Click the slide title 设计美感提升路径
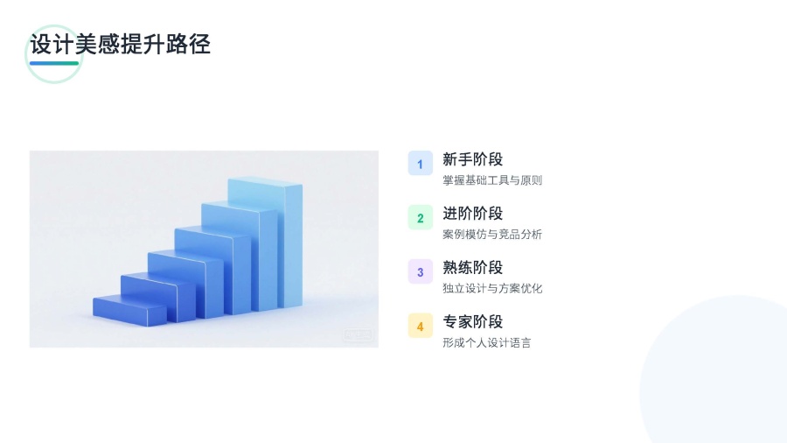[120, 44]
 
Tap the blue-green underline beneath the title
[54, 63]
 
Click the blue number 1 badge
[420, 163]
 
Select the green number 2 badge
[420, 217]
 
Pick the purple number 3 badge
[420, 271]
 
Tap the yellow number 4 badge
[420, 326]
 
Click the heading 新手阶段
[472, 159]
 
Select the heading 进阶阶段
[472, 214]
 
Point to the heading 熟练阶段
[472, 268]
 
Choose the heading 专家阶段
[472, 322]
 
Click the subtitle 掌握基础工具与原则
[491, 180]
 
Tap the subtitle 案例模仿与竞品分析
[491, 235]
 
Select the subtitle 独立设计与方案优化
[491, 289]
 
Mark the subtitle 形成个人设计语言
[486, 343]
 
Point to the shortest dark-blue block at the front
[129, 311]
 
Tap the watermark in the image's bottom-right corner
[358, 334]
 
